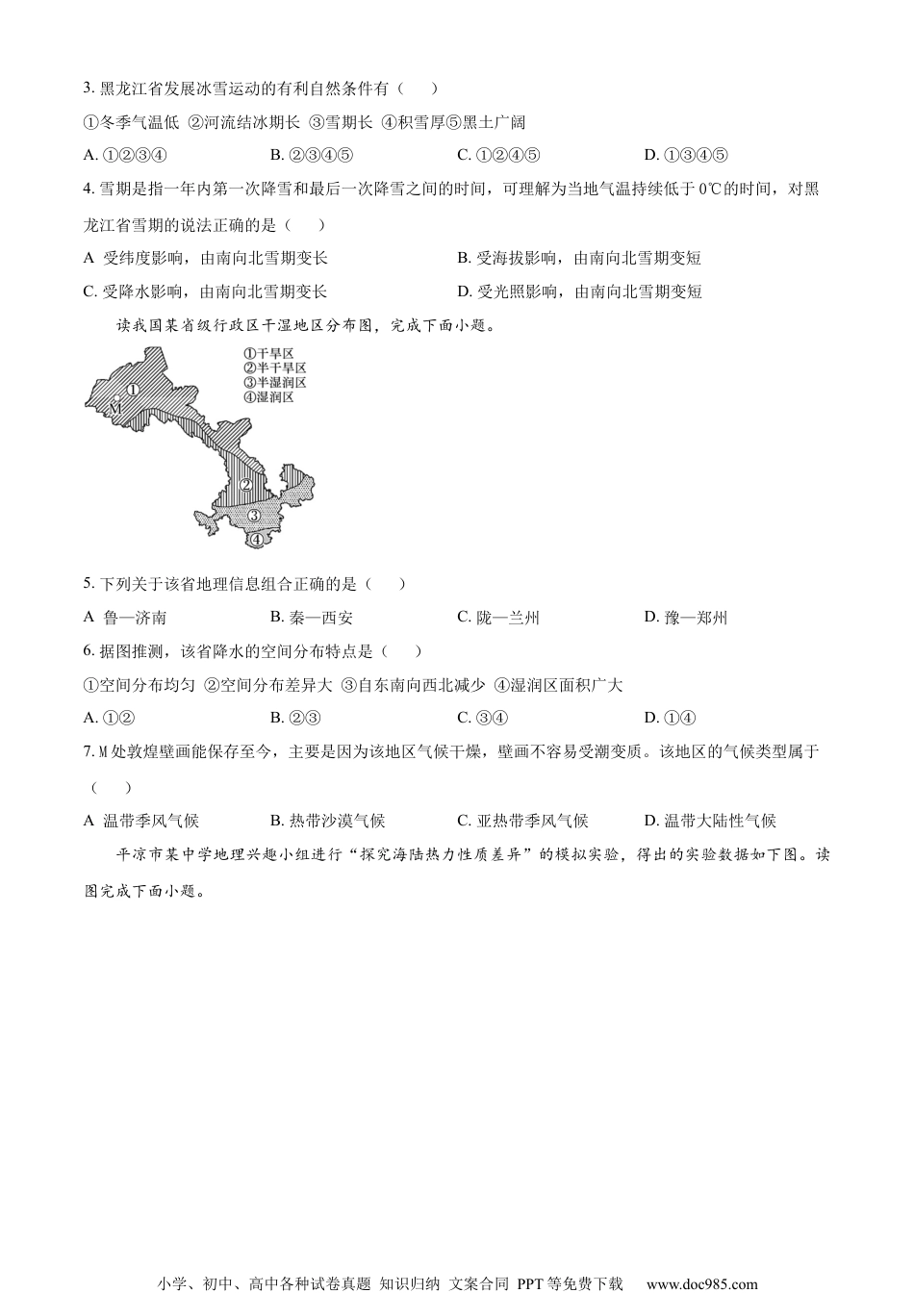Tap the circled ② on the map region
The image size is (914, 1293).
(246, 485)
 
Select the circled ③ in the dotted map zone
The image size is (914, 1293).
(254, 516)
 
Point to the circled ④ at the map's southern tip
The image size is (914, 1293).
(256, 539)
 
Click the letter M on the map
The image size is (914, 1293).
(114, 408)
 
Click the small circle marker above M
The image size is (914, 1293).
(116, 397)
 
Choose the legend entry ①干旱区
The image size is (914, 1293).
(268, 354)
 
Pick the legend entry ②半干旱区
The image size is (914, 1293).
(274, 368)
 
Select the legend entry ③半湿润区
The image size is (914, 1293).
(274, 383)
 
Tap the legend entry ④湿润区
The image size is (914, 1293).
(268, 397)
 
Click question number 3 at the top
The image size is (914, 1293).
(89, 89)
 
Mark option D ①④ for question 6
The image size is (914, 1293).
(670, 718)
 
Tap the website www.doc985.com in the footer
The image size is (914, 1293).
(701, 1283)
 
